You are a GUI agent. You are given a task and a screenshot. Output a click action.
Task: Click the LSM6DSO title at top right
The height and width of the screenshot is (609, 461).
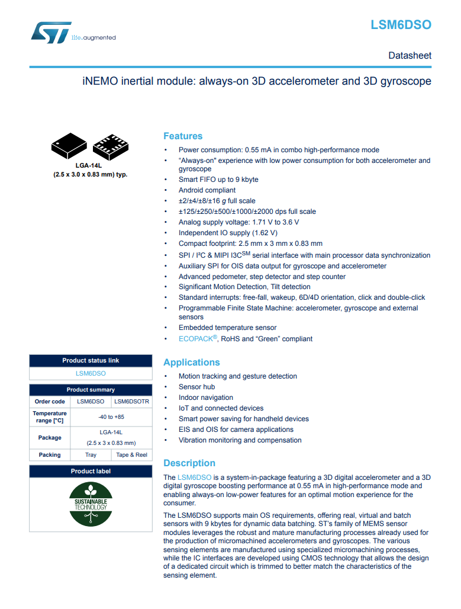pyautogui.click(x=401, y=25)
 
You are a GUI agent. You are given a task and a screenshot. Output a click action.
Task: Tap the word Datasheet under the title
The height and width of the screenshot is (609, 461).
pyautogui.click(x=410, y=56)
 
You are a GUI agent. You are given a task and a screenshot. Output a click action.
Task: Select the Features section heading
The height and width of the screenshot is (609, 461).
pyautogui.click(x=183, y=136)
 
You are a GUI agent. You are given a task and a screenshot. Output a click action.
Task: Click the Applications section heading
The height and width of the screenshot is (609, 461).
pyautogui.click(x=191, y=363)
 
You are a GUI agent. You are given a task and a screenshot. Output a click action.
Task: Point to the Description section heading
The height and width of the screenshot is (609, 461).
pyautogui.click(x=189, y=463)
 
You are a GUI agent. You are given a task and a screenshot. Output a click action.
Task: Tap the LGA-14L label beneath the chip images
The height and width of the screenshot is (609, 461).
pyautogui.click(x=90, y=166)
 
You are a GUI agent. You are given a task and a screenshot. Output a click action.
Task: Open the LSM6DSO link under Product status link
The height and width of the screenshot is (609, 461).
pyautogui.click(x=91, y=374)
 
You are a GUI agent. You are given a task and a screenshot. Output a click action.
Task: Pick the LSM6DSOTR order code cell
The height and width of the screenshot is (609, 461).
pyautogui.click(x=131, y=401)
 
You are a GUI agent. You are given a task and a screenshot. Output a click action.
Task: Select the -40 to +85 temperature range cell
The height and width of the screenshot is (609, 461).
pyautogui.click(x=111, y=417)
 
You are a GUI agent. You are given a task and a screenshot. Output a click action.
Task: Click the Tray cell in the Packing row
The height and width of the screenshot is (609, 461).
pyautogui.click(x=91, y=455)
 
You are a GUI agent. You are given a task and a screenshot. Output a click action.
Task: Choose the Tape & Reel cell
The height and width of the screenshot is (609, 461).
pyautogui.click(x=131, y=455)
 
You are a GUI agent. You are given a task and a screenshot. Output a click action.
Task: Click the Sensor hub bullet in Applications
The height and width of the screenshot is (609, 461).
pyautogui.click(x=196, y=387)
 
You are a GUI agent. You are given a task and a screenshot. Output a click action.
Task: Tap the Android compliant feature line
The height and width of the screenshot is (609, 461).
pyautogui.click(x=207, y=190)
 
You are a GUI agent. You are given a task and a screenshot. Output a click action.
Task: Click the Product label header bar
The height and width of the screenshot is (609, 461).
pyautogui.click(x=91, y=472)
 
